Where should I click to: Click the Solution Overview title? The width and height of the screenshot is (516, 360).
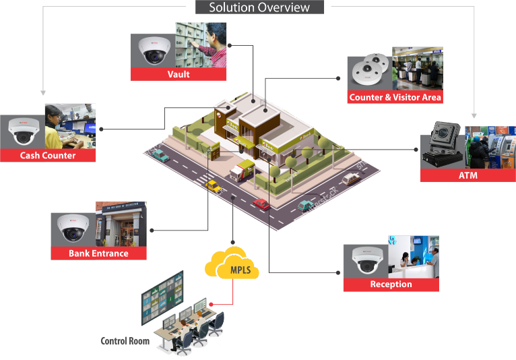click(x=259, y=7)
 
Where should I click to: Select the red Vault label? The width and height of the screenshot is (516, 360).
click(x=179, y=74)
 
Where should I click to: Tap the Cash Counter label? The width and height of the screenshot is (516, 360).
click(x=48, y=155)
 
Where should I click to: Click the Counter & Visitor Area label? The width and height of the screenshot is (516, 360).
click(x=395, y=97)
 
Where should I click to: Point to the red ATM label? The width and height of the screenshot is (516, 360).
click(x=467, y=175)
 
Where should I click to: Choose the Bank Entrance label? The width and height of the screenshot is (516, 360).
click(x=98, y=253)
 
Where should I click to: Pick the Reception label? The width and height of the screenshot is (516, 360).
click(x=391, y=284)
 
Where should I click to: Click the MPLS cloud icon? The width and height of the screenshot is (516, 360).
click(x=231, y=266)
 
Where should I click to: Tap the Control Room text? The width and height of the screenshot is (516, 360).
click(x=125, y=340)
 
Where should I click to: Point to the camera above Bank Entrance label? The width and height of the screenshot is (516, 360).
click(x=72, y=229)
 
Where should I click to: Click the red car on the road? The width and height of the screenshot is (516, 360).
click(x=261, y=204)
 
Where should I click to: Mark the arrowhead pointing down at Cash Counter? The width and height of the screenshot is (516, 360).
click(x=42, y=92)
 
